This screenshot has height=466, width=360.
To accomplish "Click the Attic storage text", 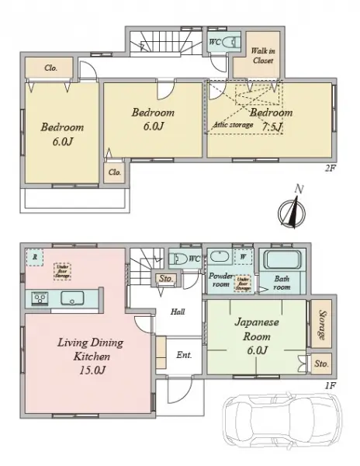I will click(232, 123).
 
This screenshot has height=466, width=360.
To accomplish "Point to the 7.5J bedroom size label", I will click(272, 127).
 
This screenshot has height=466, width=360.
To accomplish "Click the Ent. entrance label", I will click(184, 354).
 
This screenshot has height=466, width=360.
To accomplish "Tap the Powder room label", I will click(220, 280).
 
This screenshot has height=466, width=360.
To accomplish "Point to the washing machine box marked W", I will click(244, 256).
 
